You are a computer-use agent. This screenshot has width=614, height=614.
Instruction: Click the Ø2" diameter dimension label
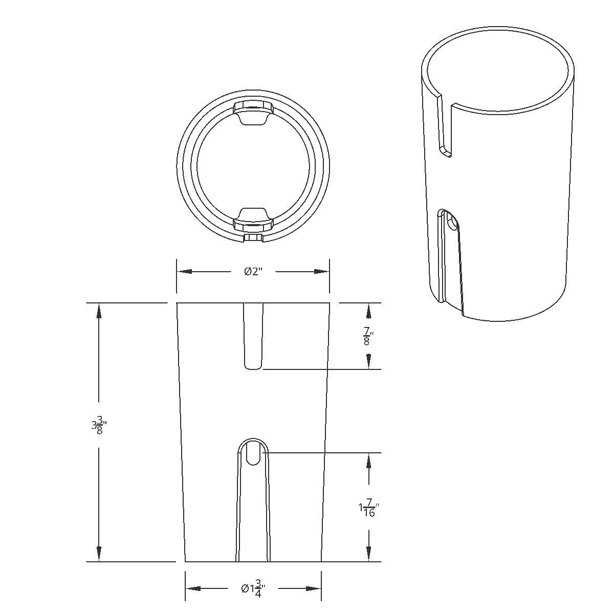(x=253, y=272)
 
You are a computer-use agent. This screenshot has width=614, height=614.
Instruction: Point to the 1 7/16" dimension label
(x=368, y=509)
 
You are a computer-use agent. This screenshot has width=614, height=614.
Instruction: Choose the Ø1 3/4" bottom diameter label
(x=253, y=589)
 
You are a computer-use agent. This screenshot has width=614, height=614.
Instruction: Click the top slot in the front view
(x=253, y=335)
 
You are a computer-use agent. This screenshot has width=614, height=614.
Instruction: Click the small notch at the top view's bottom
(x=253, y=238)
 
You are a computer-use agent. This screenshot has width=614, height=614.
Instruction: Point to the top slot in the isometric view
(x=445, y=128)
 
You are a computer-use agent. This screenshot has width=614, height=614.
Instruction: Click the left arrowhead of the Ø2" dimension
(x=184, y=272)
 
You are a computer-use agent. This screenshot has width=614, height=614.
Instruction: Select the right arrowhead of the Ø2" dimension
(x=322, y=272)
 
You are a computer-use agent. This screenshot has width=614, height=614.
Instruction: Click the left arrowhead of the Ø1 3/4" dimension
(x=192, y=589)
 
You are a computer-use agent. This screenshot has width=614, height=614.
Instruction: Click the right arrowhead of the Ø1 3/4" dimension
(x=314, y=589)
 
